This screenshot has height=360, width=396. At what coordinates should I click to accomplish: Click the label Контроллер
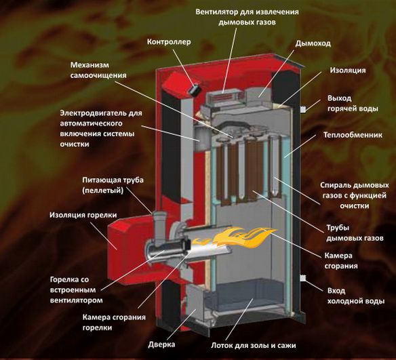pyautogui.click(x=169, y=42)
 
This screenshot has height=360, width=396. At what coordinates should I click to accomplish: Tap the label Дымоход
pyautogui.click(x=313, y=43)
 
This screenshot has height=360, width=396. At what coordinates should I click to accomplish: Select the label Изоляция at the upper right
pyautogui.click(x=348, y=71)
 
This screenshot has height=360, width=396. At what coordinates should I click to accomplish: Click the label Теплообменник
pyautogui.click(x=353, y=135)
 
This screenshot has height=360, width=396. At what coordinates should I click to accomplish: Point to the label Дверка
pyautogui.click(x=161, y=344)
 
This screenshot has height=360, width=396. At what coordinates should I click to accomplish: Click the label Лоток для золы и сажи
pyautogui.click(x=254, y=345)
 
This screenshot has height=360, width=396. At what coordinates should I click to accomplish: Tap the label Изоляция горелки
pyautogui.click(x=83, y=215)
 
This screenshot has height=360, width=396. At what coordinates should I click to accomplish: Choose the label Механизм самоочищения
pyautogui.click(x=98, y=71)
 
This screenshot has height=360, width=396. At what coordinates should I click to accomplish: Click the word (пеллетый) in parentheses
pyautogui.click(x=103, y=191)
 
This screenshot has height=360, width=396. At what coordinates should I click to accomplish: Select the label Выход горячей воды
pyautogui.click(x=353, y=104)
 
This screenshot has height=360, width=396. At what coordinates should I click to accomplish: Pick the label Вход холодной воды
pyautogui.click(x=356, y=296)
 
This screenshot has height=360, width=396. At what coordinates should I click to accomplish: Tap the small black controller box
pyautogui.click(x=195, y=90)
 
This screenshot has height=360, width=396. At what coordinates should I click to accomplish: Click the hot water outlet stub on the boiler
pyautogui.click(x=303, y=109)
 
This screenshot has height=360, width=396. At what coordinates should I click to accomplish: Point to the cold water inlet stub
pyautogui.click(x=303, y=278)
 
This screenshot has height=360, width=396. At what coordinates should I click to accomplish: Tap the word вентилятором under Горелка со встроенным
pyautogui.click(x=77, y=300)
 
